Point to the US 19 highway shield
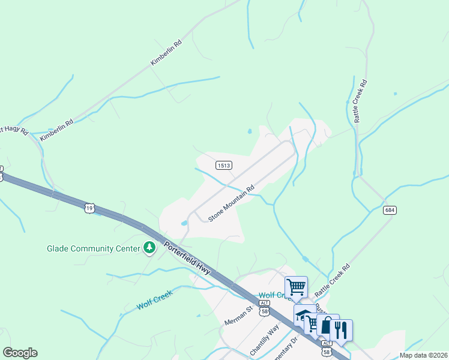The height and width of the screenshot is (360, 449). coord(89,208)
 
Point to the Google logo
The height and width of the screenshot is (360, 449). coord(20,353)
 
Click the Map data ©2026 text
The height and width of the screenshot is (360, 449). coord(423,355)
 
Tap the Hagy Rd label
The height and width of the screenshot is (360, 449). coord(13,130)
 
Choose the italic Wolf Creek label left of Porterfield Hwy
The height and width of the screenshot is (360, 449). coord(154,299)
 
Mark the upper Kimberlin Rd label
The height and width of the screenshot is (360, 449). coord(166,53)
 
